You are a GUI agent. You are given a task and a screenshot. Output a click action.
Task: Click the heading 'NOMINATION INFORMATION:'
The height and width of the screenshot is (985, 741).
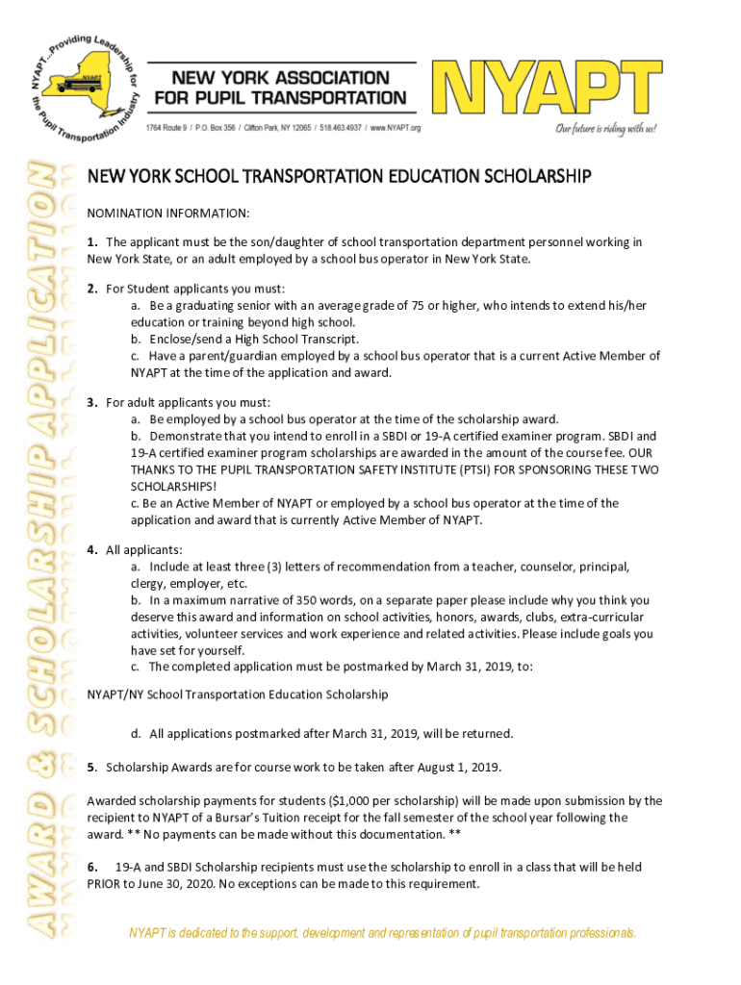168,213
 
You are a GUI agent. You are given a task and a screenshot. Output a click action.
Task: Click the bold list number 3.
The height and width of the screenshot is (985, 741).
91,402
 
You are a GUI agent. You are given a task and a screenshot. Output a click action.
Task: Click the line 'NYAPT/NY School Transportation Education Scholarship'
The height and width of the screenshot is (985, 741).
238,694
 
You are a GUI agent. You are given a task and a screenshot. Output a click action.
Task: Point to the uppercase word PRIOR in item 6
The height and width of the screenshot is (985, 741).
104,884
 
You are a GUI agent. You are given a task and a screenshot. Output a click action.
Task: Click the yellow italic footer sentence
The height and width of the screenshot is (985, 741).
383,933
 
